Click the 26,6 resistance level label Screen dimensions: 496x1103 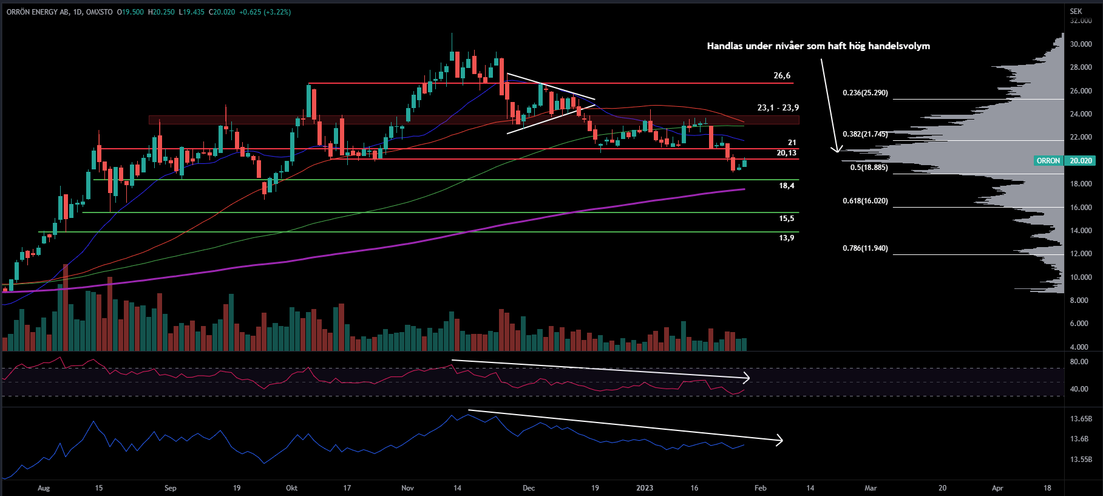782,76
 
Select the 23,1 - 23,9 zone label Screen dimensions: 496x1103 778,107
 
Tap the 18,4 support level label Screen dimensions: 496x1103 786,186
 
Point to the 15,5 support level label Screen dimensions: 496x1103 786,219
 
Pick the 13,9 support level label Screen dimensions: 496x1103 786,238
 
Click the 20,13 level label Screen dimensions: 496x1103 786,153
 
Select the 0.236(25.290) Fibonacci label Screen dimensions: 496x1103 865,93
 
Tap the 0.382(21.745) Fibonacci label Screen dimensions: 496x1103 865,134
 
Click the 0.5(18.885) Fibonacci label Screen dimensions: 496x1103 869,168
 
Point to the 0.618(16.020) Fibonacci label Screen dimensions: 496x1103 865,201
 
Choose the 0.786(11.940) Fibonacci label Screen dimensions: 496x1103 865,248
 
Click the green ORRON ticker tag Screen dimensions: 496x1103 1048,161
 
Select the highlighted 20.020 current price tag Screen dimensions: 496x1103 1081,161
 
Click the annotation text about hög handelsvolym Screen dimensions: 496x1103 818,46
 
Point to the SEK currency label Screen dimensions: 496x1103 1076,12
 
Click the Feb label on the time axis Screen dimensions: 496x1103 760,488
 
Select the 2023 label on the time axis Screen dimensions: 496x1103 645,488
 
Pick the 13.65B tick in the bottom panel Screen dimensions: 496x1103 1081,419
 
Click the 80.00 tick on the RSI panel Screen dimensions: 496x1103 1079,362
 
